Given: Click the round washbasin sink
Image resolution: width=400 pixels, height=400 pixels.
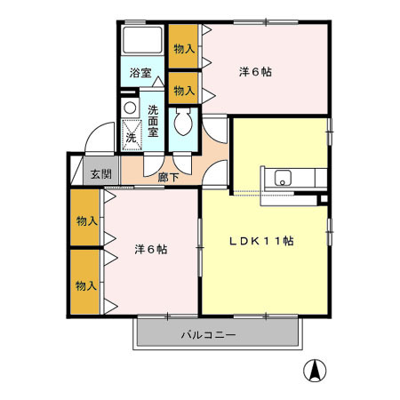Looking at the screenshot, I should (x=131, y=108).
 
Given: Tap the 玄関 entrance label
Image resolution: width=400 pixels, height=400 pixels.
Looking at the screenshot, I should (x=100, y=174).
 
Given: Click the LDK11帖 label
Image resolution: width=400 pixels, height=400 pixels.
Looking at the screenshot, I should (x=264, y=241).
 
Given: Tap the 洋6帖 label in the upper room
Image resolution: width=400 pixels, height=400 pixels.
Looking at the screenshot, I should (x=255, y=71).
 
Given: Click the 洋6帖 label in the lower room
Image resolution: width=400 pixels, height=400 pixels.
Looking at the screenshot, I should (x=151, y=250).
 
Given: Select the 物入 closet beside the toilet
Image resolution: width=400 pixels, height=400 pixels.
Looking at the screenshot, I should (x=183, y=90).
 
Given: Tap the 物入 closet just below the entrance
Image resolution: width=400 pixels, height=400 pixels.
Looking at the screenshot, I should (x=85, y=220).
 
